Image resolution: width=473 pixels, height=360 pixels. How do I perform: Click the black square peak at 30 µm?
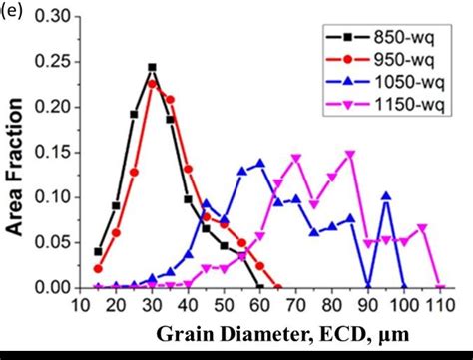152,67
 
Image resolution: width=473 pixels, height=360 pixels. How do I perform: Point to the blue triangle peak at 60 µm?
260,162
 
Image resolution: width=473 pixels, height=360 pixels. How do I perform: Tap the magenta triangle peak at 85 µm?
350,154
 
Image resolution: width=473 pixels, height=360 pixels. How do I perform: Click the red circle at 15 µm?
98,268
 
